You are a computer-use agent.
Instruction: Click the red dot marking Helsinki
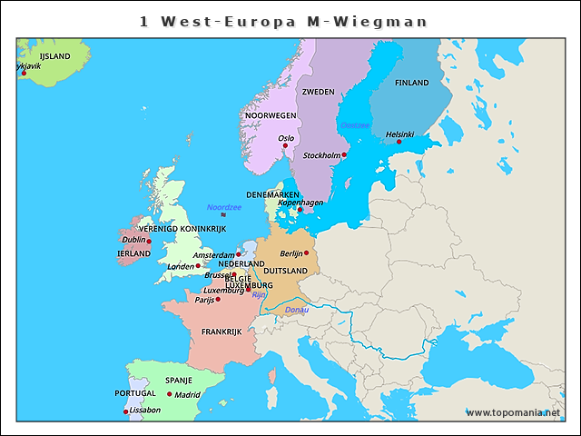click(399, 142)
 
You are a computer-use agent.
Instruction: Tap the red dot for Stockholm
click(344, 155)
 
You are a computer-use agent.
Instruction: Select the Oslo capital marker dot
click(285, 145)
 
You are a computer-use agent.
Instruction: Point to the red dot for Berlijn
click(307, 253)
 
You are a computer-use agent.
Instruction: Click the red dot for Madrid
click(170, 394)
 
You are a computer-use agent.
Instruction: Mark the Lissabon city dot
click(125, 411)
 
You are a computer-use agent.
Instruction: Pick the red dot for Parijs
click(218, 299)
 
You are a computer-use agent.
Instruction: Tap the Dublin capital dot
click(149, 242)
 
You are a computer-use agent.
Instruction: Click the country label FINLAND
click(412, 83)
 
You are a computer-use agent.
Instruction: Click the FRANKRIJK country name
click(222, 332)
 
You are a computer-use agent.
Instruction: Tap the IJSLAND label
click(54, 56)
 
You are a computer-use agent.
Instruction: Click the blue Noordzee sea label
click(224, 207)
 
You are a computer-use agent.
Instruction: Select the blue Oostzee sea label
click(355, 124)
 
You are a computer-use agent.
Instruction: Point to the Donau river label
click(297, 310)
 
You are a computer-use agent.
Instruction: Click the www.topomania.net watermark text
click(513, 412)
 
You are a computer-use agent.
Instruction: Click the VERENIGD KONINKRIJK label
click(182, 229)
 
